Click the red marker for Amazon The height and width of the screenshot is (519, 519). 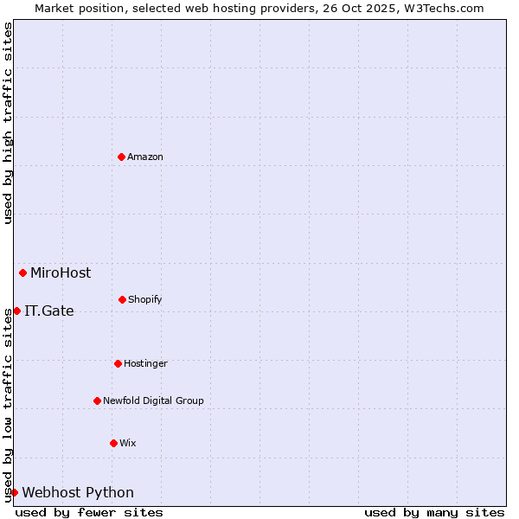[121, 157]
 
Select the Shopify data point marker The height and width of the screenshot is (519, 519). [122, 299]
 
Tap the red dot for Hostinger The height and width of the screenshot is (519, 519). [118, 363]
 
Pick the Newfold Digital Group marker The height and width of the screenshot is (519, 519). [97, 400]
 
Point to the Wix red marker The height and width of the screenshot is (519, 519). [113, 443]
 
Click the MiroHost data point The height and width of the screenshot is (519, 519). [22, 272]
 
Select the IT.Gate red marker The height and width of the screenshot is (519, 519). [16, 311]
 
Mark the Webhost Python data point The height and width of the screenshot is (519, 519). [14, 492]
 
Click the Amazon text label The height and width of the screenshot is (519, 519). [145, 157]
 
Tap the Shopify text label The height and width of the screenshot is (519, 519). [145, 299]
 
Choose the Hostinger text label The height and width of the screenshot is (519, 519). [145, 363]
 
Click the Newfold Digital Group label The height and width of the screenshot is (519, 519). [153, 400]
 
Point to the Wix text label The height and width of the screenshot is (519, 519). [128, 443]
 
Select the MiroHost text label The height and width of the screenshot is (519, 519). [61, 272]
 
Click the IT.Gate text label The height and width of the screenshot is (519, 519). [49, 311]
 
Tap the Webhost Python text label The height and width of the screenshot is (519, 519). [78, 492]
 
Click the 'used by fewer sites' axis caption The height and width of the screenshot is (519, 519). [89, 512]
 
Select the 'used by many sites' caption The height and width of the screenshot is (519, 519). [434, 512]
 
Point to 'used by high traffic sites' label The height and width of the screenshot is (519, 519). [8, 123]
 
